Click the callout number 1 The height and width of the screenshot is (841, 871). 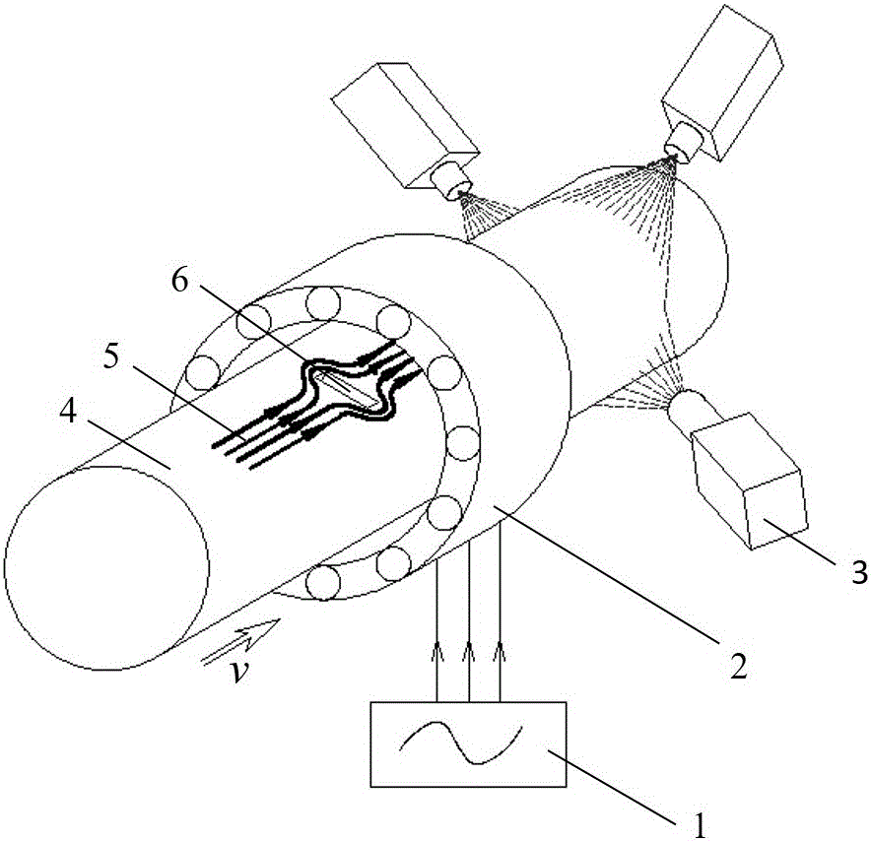pos(700,824)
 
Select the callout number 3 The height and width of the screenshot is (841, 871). pos(858,571)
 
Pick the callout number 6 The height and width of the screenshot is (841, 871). pos(180,281)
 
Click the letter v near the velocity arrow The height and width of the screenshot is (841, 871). pos(240,673)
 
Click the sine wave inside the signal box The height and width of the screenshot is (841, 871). pos(461,742)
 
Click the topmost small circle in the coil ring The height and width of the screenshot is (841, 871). pos(322,303)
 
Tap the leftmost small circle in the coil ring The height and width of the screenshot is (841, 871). pos(203,373)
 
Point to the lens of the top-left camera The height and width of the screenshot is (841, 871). pos(451,180)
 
